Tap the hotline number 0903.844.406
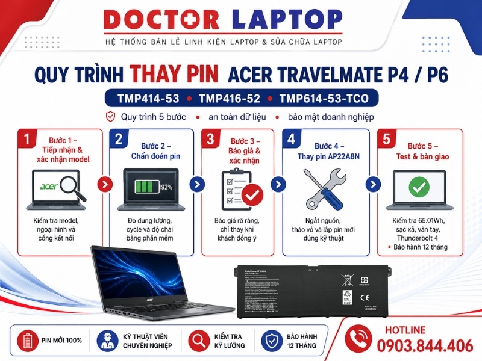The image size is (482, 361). click(x=425, y=345)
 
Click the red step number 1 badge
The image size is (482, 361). click(x=27, y=139)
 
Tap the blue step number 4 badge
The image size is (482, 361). click(x=292, y=139)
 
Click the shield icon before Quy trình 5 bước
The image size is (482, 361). click(x=110, y=117)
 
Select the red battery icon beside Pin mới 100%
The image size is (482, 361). click(x=26, y=340)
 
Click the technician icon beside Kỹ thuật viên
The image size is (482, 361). click(x=107, y=340)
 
